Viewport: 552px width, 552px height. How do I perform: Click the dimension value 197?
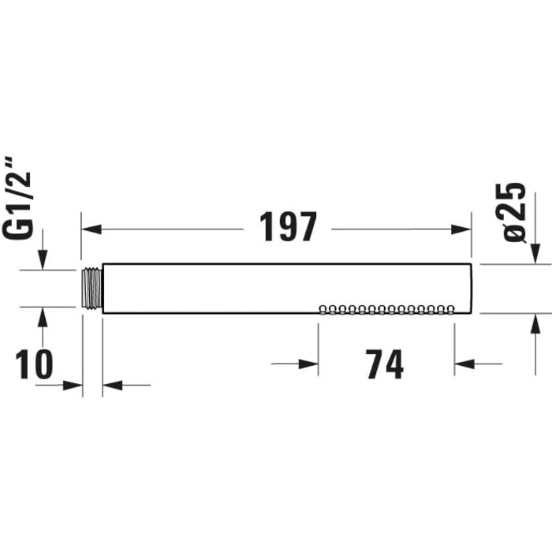point(288,227)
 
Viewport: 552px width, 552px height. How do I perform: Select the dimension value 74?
point(385,364)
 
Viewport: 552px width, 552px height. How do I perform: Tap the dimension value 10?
point(34,364)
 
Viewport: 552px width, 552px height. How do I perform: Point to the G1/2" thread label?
point(17,199)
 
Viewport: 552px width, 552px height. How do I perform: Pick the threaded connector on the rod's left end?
point(92,289)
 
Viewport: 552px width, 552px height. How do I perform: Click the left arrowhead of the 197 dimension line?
point(91,229)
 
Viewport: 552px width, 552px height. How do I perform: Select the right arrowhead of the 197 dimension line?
point(461,229)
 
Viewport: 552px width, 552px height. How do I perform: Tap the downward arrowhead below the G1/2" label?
point(43,259)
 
